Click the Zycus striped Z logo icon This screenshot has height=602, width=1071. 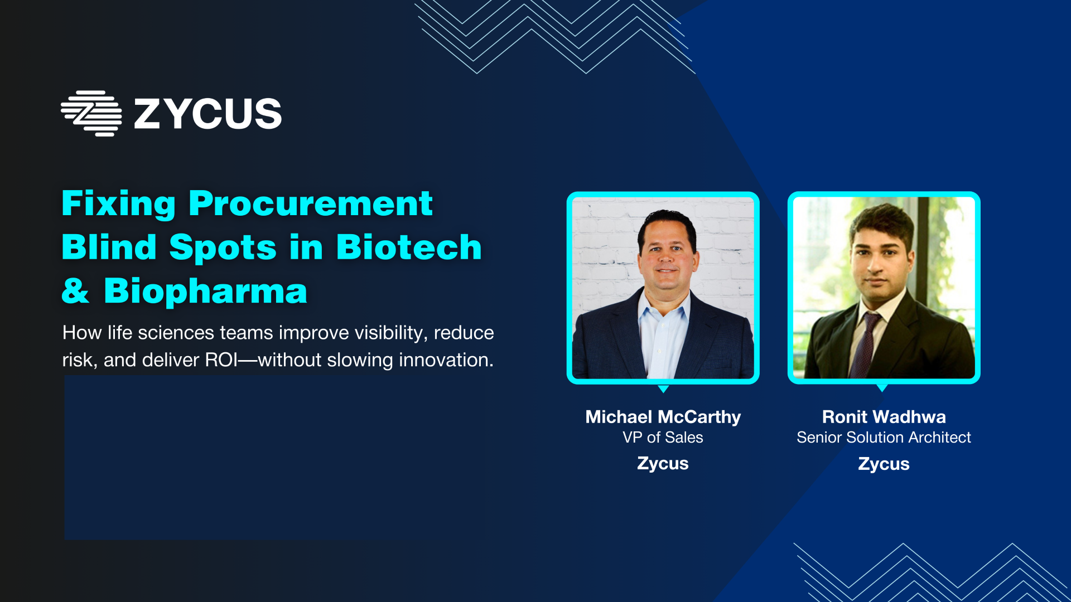coord(91,113)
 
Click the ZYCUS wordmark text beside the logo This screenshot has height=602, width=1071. coord(208,114)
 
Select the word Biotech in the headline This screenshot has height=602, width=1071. coord(409,247)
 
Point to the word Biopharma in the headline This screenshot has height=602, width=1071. coord(206,291)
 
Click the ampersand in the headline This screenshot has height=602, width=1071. coord(75,291)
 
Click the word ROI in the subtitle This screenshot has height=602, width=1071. coord(221,360)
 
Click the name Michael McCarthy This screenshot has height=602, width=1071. coord(663,417)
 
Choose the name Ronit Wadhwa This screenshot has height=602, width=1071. coord(884,417)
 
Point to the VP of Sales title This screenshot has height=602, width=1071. coord(663,438)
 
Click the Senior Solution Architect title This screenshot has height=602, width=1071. coord(884,438)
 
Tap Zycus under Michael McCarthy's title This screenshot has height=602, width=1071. coord(663,464)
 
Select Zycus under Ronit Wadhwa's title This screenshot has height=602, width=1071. coord(884,464)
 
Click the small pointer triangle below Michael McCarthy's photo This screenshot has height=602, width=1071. coord(663,389)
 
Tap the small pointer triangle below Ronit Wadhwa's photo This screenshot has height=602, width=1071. coord(882,388)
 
